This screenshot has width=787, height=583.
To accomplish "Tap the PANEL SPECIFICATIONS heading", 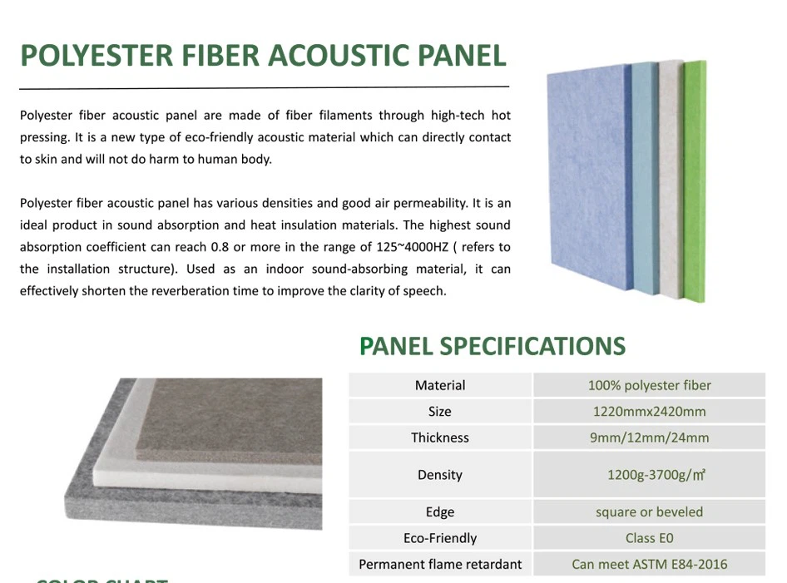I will [492, 346].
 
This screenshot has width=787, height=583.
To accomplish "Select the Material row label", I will [440, 385].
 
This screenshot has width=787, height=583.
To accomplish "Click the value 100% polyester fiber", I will [649, 385].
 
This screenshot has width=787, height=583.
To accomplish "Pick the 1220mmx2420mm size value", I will [649, 412].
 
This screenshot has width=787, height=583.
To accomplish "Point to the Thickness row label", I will [440, 437].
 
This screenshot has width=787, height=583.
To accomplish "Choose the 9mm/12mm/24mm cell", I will [649, 437].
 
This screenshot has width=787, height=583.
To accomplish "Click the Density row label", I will [440, 475].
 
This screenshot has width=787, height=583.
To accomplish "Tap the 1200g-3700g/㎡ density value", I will [656, 475].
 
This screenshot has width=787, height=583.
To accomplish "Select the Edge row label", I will [440, 512].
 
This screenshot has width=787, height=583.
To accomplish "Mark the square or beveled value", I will [649, 512].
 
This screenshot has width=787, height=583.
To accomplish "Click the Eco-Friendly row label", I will [440, 538].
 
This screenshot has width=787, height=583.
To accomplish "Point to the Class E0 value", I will [649, 538].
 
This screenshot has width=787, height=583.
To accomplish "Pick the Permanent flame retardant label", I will [440, 565].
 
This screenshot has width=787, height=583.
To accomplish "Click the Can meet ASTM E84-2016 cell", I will [649, 565].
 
